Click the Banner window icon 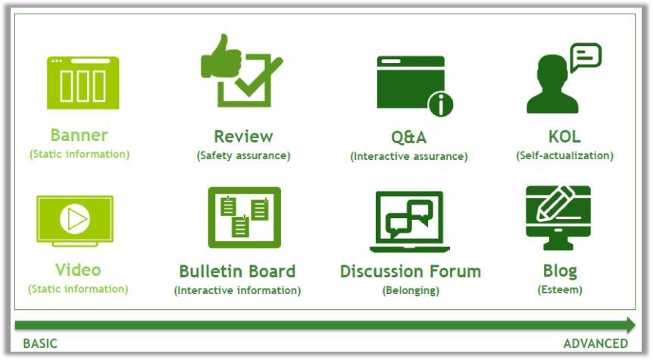click(x=83, y=83)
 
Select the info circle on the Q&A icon click(x=440, y=104)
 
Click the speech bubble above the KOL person click(x=586, y=57)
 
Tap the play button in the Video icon click(x=74, y=219)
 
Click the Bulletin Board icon click(x=245, y=218)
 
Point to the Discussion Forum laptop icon click(x=409, y=221)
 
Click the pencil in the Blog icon click(x=555, y=203)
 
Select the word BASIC click(x=40, y=343)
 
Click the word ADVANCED click(x=595, y=343)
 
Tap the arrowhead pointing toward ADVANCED click(x=630, y=325)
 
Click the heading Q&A click(x=408, y=137)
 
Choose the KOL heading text click(x=564, y=136)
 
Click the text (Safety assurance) click(x=244, y=155)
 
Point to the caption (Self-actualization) click(x=564, y=155)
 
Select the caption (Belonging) click(x=411, y=290)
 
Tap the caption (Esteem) click(x=560, y=290)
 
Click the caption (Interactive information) click(x=237, y=290)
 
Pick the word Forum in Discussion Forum click(x=455, y=271)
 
